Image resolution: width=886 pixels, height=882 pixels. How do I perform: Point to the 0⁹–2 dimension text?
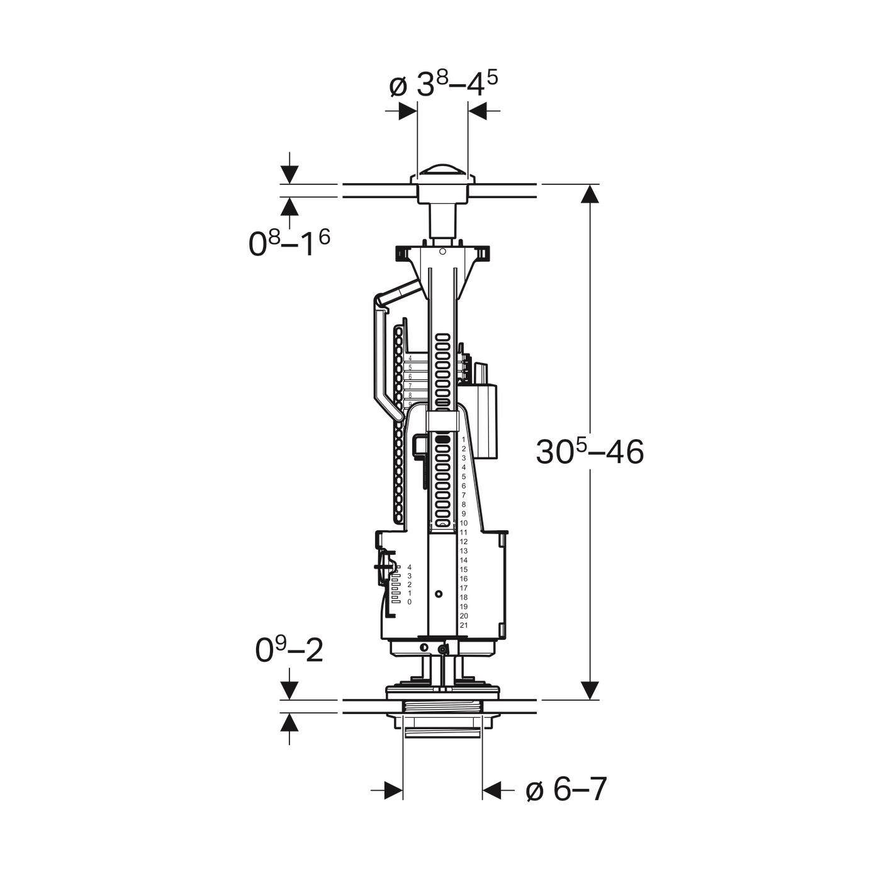289,650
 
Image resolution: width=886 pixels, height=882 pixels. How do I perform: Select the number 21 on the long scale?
464,625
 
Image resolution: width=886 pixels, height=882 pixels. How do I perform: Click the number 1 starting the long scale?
464,439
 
